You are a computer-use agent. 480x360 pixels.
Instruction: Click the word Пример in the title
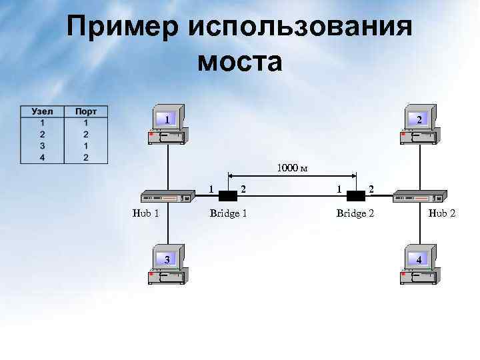coord(123,28)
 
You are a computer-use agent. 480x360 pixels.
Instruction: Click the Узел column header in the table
coord(42,112)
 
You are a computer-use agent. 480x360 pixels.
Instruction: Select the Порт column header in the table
coord(85,112)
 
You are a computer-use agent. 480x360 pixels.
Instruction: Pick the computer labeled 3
coord(167,263)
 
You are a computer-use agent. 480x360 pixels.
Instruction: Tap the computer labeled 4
coord(418,263)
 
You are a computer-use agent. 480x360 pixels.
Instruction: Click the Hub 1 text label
coord(145,213)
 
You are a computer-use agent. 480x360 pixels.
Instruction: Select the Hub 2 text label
coord(442,213)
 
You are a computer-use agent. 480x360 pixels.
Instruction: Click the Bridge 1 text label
coord(228,213)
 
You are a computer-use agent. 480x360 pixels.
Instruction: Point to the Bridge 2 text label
coord(355,213)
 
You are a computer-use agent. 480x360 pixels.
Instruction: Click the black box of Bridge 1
coord(228,196)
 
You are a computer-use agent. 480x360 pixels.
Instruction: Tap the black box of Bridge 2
coord(355,196)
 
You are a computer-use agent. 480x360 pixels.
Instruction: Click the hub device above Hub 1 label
coord(167,197)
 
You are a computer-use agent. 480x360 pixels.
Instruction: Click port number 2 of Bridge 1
coord(244,189)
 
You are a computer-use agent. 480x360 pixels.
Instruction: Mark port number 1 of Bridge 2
coord(339,189)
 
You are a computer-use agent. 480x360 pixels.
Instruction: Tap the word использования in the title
coord(300,28)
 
